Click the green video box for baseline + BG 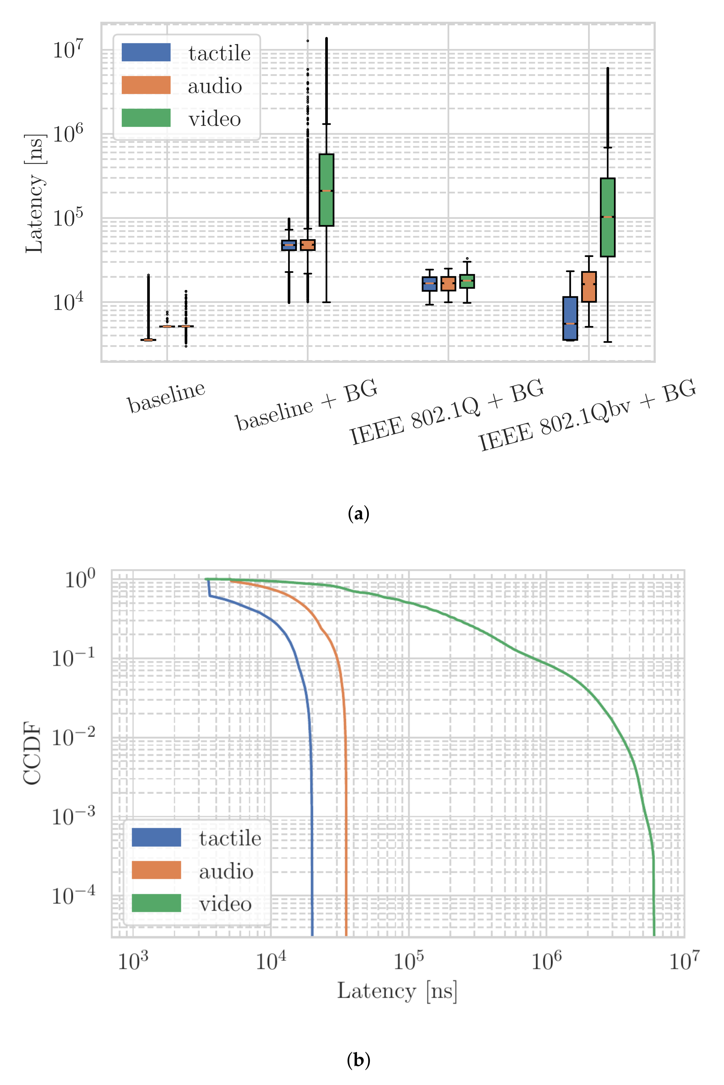(327, 190)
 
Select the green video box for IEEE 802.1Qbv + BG (607, 217)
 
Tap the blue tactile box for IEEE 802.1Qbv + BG (570, 318)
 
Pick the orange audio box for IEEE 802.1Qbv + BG (589, 287)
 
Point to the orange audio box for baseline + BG (307, 245)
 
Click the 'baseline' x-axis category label (166, 397)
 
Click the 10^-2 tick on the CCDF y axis (73, 737)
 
